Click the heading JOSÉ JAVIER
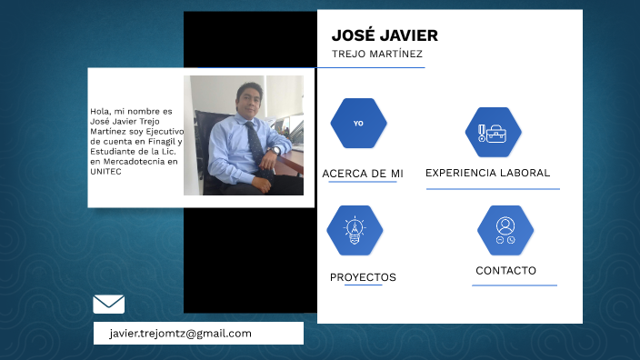pyautogui.click(x=385, y=35)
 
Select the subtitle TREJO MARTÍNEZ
pyautogui.click(x=377, y=55)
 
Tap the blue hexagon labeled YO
pyautogui.click(x=358, y=123)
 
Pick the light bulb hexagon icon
pyautogui.click(x=355, y=230)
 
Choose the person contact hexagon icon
pyautogui.click(x=505, y=230)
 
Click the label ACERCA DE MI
pyautogui.click(x=362, y=174)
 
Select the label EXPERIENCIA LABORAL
pyautogui.click(x=487, y=173)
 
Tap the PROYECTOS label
pyautogui.click(x=363, y=277)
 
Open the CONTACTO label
pyautogui.click(x=505, y=271)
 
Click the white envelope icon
pyautogui.click(x=109, y=304)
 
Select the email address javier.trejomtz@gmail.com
pyautogui.click(x=180, y=334)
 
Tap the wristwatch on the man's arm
pyautogui.click(x=275, y=149)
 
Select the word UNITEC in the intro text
pyautogui.click(x=105, y=172)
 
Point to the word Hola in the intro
pyautogui.click(x=100, y=112)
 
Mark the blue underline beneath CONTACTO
pyautogui.click(x=514, y=285)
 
